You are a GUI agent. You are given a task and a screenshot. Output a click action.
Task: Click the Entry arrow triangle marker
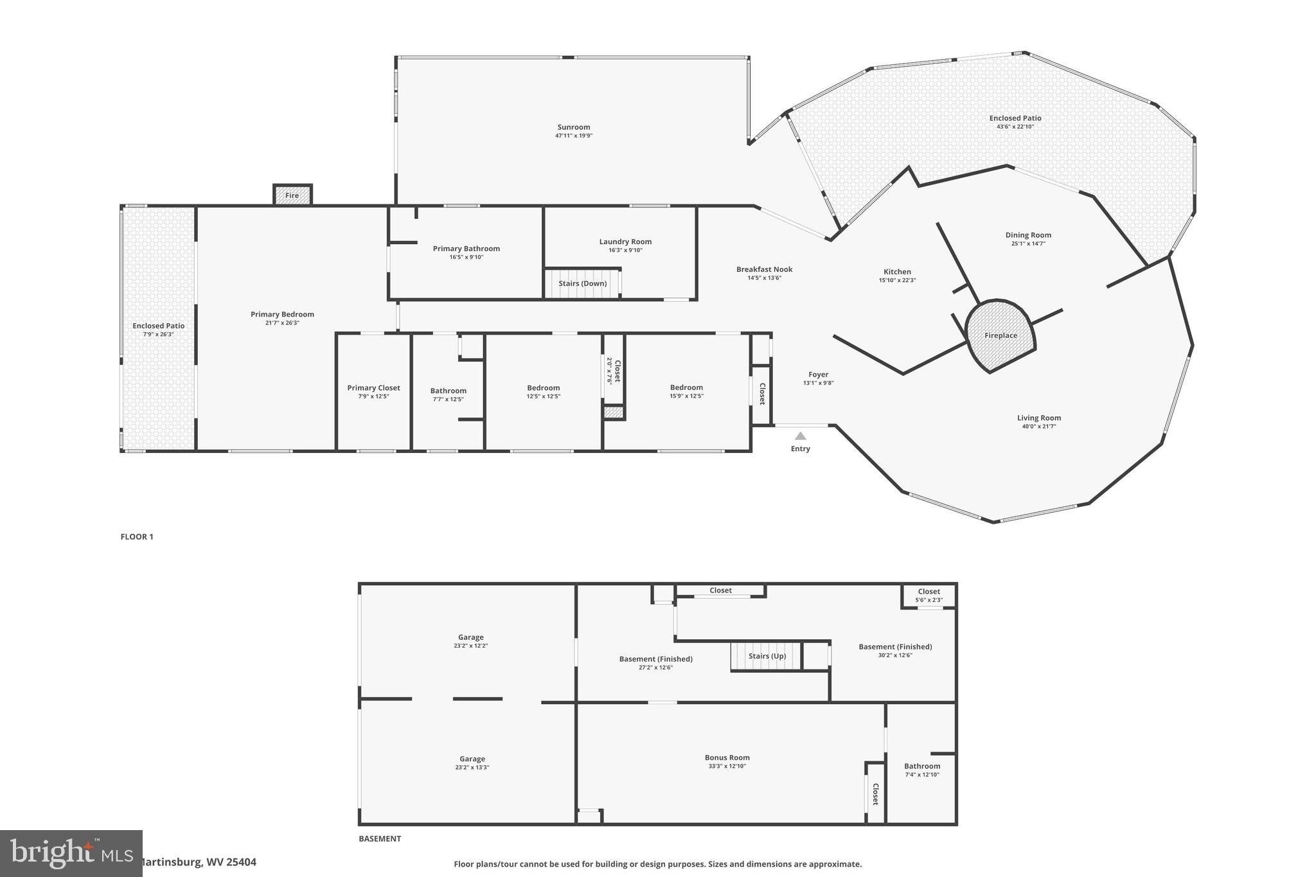[x=800, y=436]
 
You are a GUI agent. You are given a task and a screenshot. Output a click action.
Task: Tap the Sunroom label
[x=573, y=127]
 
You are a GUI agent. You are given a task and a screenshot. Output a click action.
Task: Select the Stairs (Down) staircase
[x=582, y=283]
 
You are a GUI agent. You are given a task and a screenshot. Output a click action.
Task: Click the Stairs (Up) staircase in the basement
[x=767, y=656]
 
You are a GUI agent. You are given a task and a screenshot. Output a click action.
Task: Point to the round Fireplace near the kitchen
[x=1000, y=335]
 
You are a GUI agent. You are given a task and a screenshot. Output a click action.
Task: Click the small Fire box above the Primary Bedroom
[x=292, y=195]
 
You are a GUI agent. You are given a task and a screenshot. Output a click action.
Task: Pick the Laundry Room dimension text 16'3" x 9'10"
[x=625, y=250]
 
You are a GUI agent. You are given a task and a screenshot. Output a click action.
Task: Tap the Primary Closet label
[x=373, y=387]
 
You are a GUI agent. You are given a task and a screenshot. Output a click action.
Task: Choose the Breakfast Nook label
[x=764, y=269]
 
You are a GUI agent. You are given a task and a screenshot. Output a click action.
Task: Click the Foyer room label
[x=818, y=375]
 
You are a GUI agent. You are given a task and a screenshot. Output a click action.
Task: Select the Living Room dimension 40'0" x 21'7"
[x=1038, y=427]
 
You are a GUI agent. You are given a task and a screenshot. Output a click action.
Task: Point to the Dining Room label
[x=1028, y=235]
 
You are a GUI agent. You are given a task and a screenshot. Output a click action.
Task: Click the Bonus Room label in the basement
[x=727, y=757]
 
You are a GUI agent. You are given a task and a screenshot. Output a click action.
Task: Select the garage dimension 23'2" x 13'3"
[x=472, y=767]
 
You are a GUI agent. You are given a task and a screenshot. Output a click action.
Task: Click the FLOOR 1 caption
[x=137, y=536]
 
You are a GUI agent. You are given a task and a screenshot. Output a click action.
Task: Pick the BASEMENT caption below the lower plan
[x=380, y=838]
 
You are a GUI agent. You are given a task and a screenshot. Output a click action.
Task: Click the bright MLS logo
[x=71, y=853]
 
